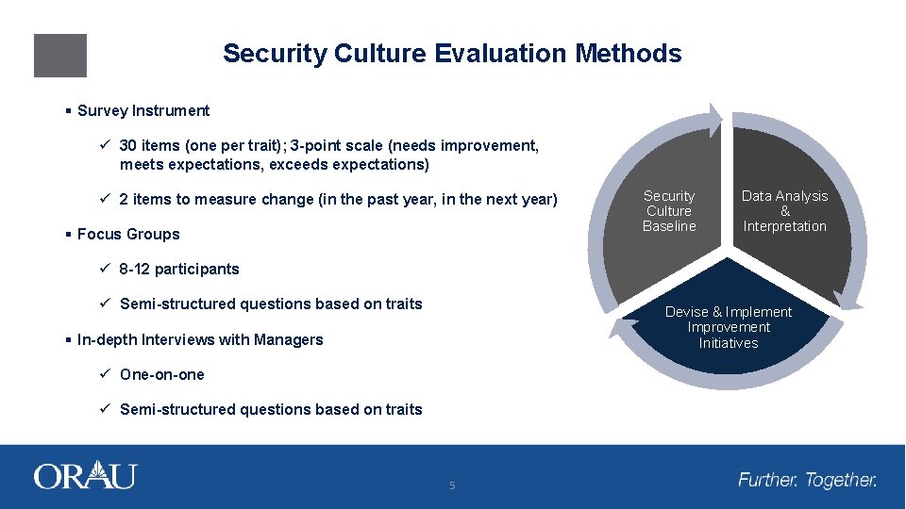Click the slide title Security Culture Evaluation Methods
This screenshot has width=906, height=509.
tap(451, 54)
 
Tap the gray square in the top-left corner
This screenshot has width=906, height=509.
tap(60, 56)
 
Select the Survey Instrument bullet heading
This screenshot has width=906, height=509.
tap(143, 110)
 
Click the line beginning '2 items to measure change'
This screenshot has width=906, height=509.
tap(338, 199)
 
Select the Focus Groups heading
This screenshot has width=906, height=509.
tap(127, 234)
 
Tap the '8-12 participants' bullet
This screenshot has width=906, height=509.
tap(179, 269)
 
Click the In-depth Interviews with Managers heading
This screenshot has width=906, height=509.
tap(199, 339)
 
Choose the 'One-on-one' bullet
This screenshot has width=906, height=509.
tap(161, 374)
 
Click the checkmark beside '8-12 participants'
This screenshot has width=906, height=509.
tap(106, 269)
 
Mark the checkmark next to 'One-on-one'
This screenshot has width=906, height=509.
tap(106, 374)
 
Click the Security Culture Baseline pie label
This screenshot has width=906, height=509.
tap(669, 211)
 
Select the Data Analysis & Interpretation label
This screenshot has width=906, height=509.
tap(784, 211)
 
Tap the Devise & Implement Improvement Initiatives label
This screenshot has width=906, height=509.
tap(729, 327)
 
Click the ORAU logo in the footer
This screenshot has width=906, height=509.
tap(85, 476)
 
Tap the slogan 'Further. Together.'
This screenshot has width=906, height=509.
tap(807, 480)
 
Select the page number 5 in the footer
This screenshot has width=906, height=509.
tap(452, 485)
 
